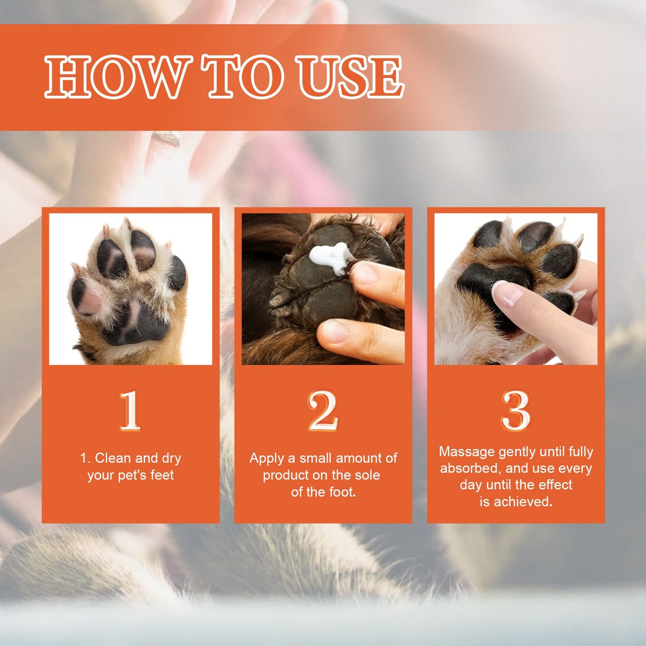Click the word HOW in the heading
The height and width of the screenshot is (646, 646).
(x=117, y=76)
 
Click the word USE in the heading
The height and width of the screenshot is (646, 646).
(x=351, y=76)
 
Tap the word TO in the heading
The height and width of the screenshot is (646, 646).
(x=245, y=76)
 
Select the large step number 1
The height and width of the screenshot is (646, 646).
(x=130, y=410)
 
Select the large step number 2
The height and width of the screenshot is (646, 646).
(x=323, y=410)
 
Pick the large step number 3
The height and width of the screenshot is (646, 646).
(x=515, y=410)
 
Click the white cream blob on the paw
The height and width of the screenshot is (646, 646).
(x=330, y=257)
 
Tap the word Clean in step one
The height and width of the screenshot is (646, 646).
(x=113, y=458)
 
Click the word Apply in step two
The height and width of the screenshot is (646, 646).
(x=266, y=458)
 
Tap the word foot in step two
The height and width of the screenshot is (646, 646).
(x=342, y=492)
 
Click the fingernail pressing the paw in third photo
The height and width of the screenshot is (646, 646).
(x=507, y=295)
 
